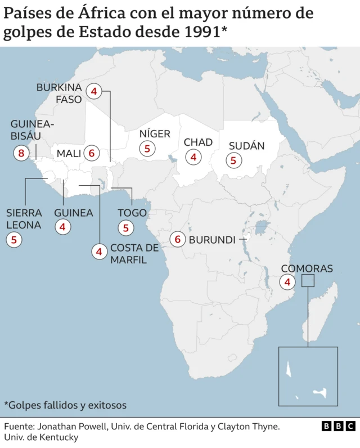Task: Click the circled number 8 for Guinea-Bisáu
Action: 21,153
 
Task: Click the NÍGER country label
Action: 155,134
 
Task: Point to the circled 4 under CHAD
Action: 193,158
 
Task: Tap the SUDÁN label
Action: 246,146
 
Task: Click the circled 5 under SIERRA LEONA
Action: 13,240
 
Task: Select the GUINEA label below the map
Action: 74,213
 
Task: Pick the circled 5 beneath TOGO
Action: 126,228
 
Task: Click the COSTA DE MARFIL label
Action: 134,254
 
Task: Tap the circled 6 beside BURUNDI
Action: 178,239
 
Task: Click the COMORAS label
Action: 307,268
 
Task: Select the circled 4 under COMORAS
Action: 287,282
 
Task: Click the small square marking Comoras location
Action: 308,280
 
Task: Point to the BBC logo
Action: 338,426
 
